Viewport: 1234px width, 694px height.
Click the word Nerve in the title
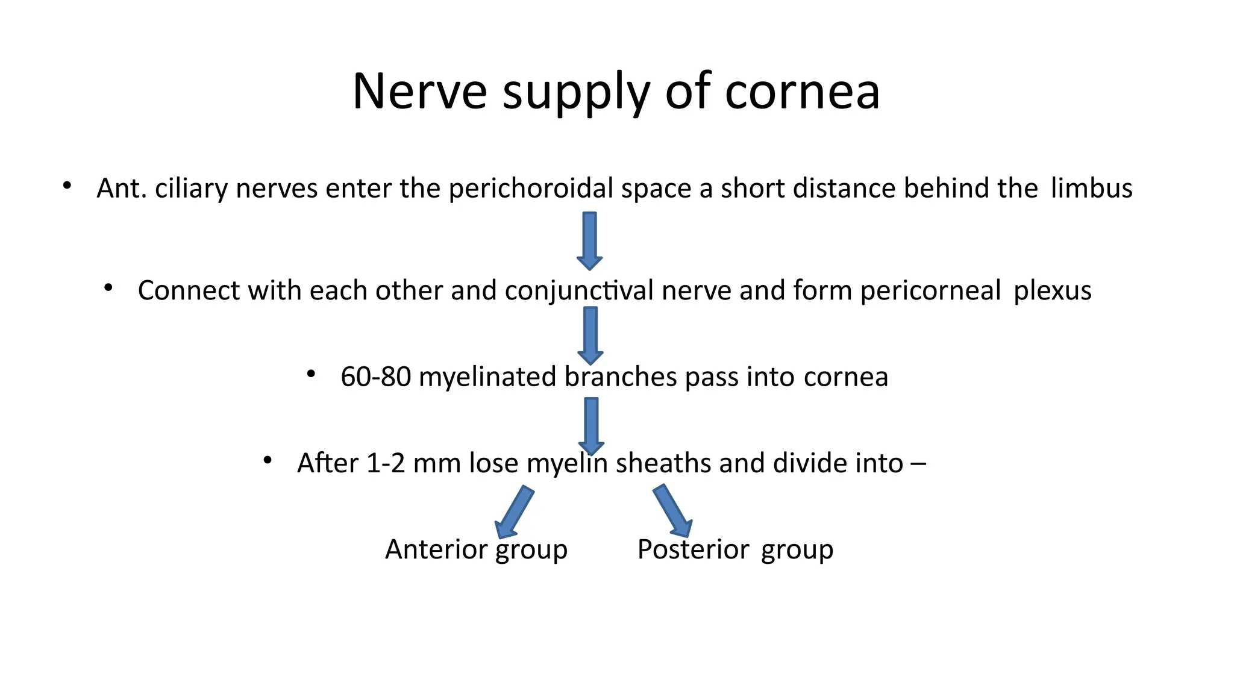(419, 92)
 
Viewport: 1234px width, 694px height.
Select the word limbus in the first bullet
(1091, 188)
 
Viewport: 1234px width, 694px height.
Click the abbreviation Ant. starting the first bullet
(122, 188)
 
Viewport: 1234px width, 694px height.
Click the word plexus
(1052, 290)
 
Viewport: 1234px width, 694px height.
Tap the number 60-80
(375, 377)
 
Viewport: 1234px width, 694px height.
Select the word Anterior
(436, 549)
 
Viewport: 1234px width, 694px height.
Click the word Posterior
(693, 549)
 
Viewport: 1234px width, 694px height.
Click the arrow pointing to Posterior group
(672, 511)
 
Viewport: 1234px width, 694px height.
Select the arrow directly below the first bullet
(590, 240)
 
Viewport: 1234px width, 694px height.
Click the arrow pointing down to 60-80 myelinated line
(590, 335)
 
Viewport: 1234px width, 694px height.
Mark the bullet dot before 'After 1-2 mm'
(268, 461)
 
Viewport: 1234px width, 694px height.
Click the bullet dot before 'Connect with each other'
(108, 289)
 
